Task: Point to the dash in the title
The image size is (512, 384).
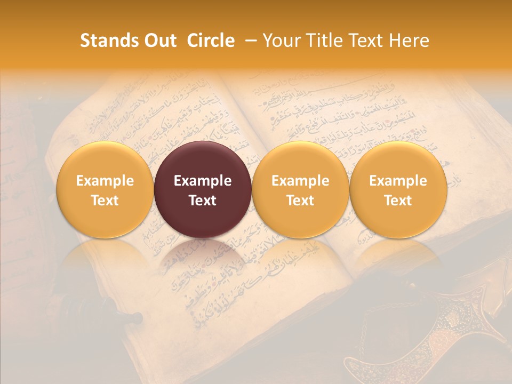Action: (249, 41)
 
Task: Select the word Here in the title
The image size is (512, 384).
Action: (408, 41)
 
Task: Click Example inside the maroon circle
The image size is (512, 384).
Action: (203, 181)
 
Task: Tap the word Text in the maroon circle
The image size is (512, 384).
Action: (203, 201)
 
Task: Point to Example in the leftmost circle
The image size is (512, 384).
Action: (105, 181)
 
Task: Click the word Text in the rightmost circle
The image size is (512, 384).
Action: (398, 201)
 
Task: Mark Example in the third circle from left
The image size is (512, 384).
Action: (300, 181)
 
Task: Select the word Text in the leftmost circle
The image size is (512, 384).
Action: (105, 201)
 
